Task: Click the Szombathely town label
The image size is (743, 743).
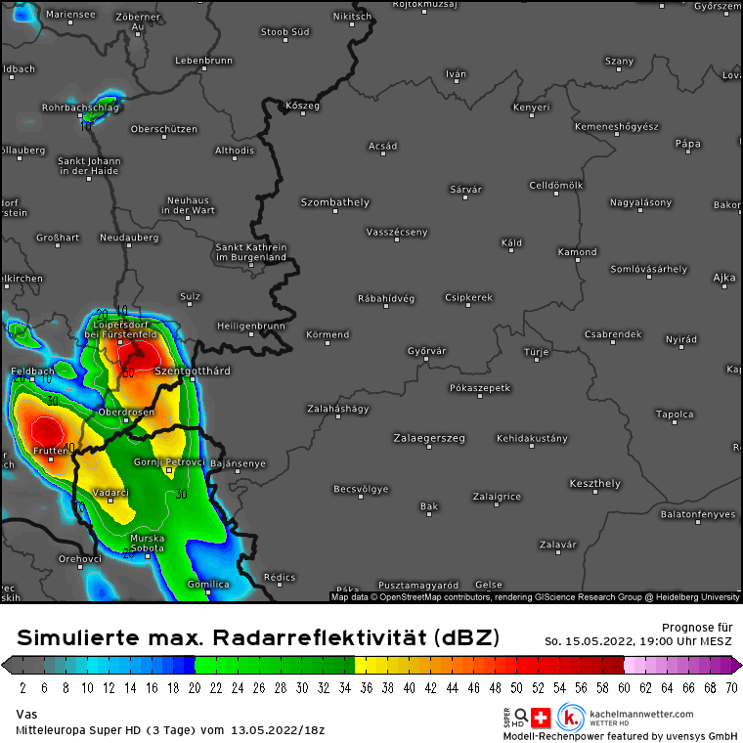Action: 334,202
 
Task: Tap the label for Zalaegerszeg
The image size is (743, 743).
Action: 429,438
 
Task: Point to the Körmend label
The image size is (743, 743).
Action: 328,334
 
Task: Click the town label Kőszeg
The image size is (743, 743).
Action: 302,106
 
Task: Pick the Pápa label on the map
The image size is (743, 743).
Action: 687,144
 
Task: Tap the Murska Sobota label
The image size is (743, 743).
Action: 149,543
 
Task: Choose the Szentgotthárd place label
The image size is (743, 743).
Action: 193,371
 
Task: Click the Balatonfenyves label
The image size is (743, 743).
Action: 698,513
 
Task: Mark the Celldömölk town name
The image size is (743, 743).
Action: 555,185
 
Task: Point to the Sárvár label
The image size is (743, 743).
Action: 465,189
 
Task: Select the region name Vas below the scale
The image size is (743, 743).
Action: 26,715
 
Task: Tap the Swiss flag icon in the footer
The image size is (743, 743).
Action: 539,716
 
